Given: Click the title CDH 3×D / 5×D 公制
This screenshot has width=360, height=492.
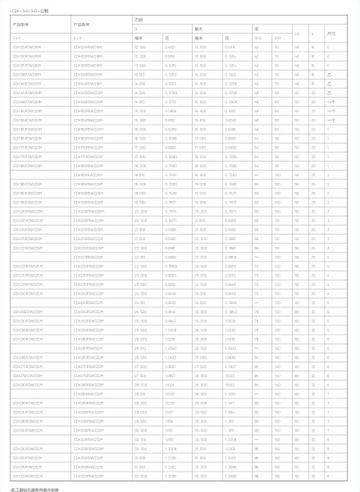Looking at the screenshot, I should [29, 12].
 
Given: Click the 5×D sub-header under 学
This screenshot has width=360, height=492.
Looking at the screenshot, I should [279, 38].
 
